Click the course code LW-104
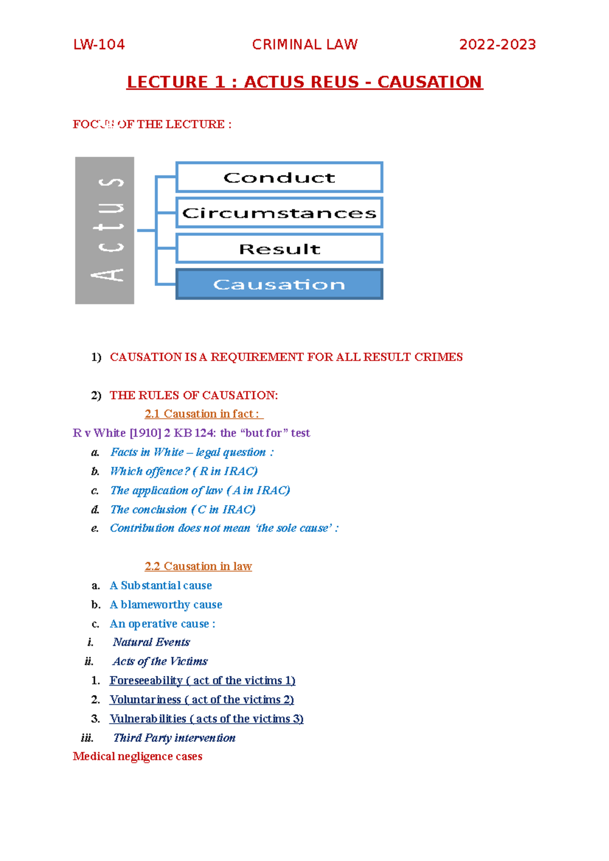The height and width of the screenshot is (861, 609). [x=99, y=45]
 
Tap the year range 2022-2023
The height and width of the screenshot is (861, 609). [x=497, y=45]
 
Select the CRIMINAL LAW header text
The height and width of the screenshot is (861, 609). [x=304, y=45]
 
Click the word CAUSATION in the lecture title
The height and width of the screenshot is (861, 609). [x=429, y=82]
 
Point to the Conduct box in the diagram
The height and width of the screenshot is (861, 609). [x=279, y=177]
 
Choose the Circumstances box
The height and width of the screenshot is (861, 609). [x=279, y=213]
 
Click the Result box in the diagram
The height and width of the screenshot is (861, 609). [x=279, y=249]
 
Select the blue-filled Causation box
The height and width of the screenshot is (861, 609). [x=279, y=284]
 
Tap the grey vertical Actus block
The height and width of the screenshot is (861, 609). [x=105, y=231]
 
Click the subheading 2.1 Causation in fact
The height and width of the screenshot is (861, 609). [x=203, y=414]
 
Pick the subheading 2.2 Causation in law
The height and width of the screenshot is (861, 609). [x=198, y=566]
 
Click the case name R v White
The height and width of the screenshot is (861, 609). [x=99, y=433]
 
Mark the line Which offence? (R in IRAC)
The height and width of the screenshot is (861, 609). [x=184, y=472]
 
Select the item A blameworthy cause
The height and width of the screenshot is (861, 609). [x=166, y=604]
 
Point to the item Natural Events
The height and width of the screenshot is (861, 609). [x=151, y=642]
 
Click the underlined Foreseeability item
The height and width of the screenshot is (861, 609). [x=202, y=680]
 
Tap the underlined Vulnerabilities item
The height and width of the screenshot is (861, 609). [x=206, y=719]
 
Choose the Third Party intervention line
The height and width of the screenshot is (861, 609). [x=174, y=738]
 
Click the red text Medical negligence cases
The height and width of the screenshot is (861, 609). [x=138, y=757]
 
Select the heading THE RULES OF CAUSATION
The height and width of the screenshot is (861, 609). [x=194, y=396]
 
